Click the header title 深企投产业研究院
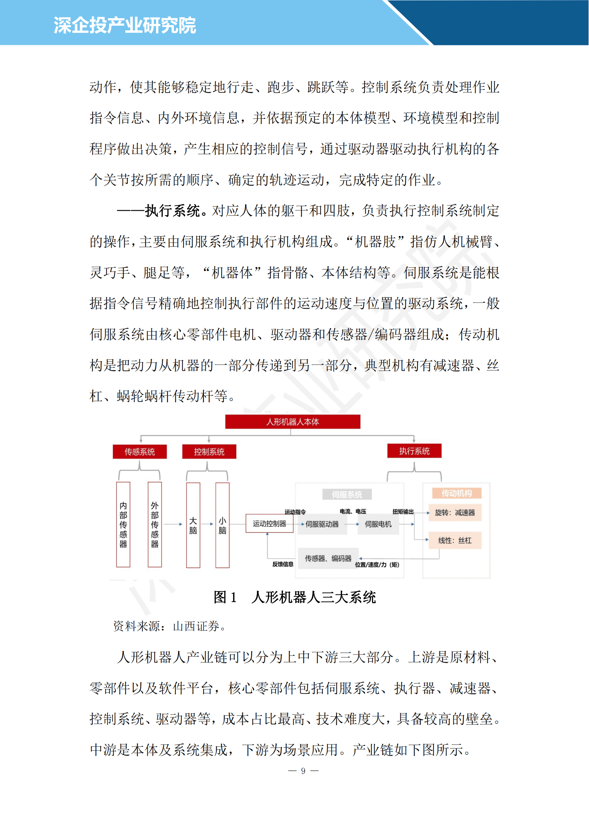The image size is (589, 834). pyautogui.click(x=124, y=25)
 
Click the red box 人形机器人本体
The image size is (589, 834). pyautogui.click(x=293, y=422)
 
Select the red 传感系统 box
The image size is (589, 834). pyautogui.click(x=140, y=452)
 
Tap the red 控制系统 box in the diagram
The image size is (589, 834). pyautogui.click(x=209, y=452)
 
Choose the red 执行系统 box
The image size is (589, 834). pyautogui.click(x=414, y=451)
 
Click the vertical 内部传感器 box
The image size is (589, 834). pyautogui.click(x=123, y=524)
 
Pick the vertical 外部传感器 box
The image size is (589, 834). pyautogui.click(x=155, y=524)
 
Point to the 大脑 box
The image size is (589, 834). pyautogui.click(x=193, y=525)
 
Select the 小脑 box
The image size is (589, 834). pyautogui.click(x=222, y=525)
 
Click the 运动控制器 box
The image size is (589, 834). pyautogui.click(x=269, y=523)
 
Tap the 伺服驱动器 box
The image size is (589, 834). pyautogui.click(x=322, y=524)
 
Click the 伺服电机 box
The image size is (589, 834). pyautogui.click(x=378, y=524)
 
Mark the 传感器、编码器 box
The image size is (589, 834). pyautogui.click(x=328, y=558)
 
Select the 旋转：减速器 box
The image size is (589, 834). pyautogui.click(x=455, y=513)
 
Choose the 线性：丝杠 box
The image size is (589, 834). pyautogui.click(x=455, y=540)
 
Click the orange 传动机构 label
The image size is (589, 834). pyautogui.click(x=456, y=493)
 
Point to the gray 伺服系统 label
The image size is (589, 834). pyautogui.click(x=347, y=494)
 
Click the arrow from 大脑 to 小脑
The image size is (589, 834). pyautogui.click(x=208, y=524)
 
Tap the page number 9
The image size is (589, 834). pyautogui.click(x=303, y=771)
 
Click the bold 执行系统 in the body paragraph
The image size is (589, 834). pyautogui.click(x=173, y=211)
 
